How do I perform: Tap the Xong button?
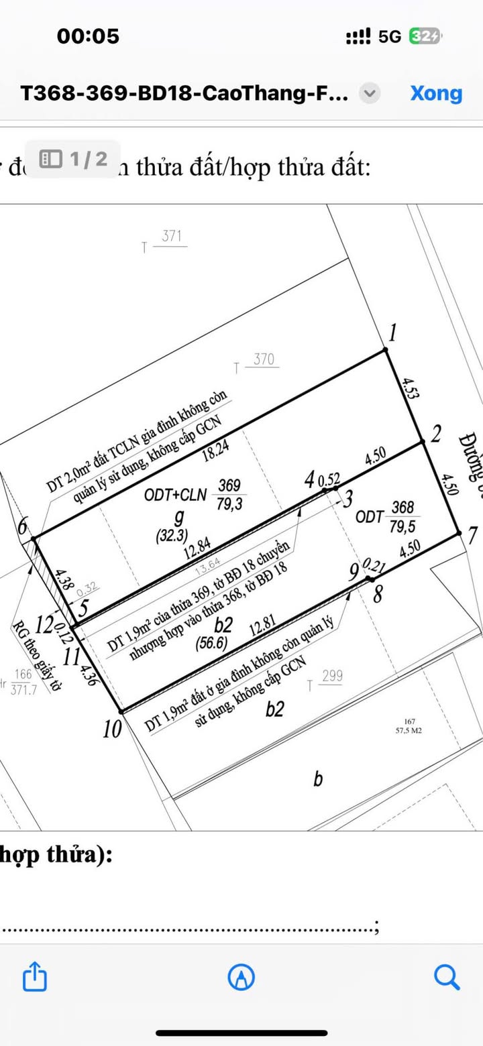[436, 93]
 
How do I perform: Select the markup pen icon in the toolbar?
[241, 977]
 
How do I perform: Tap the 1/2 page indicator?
[73, 159]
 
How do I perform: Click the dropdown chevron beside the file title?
[370, 93]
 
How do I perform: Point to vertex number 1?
[394, 332]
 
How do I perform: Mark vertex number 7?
[472, 536]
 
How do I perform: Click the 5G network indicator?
[390, 36]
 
